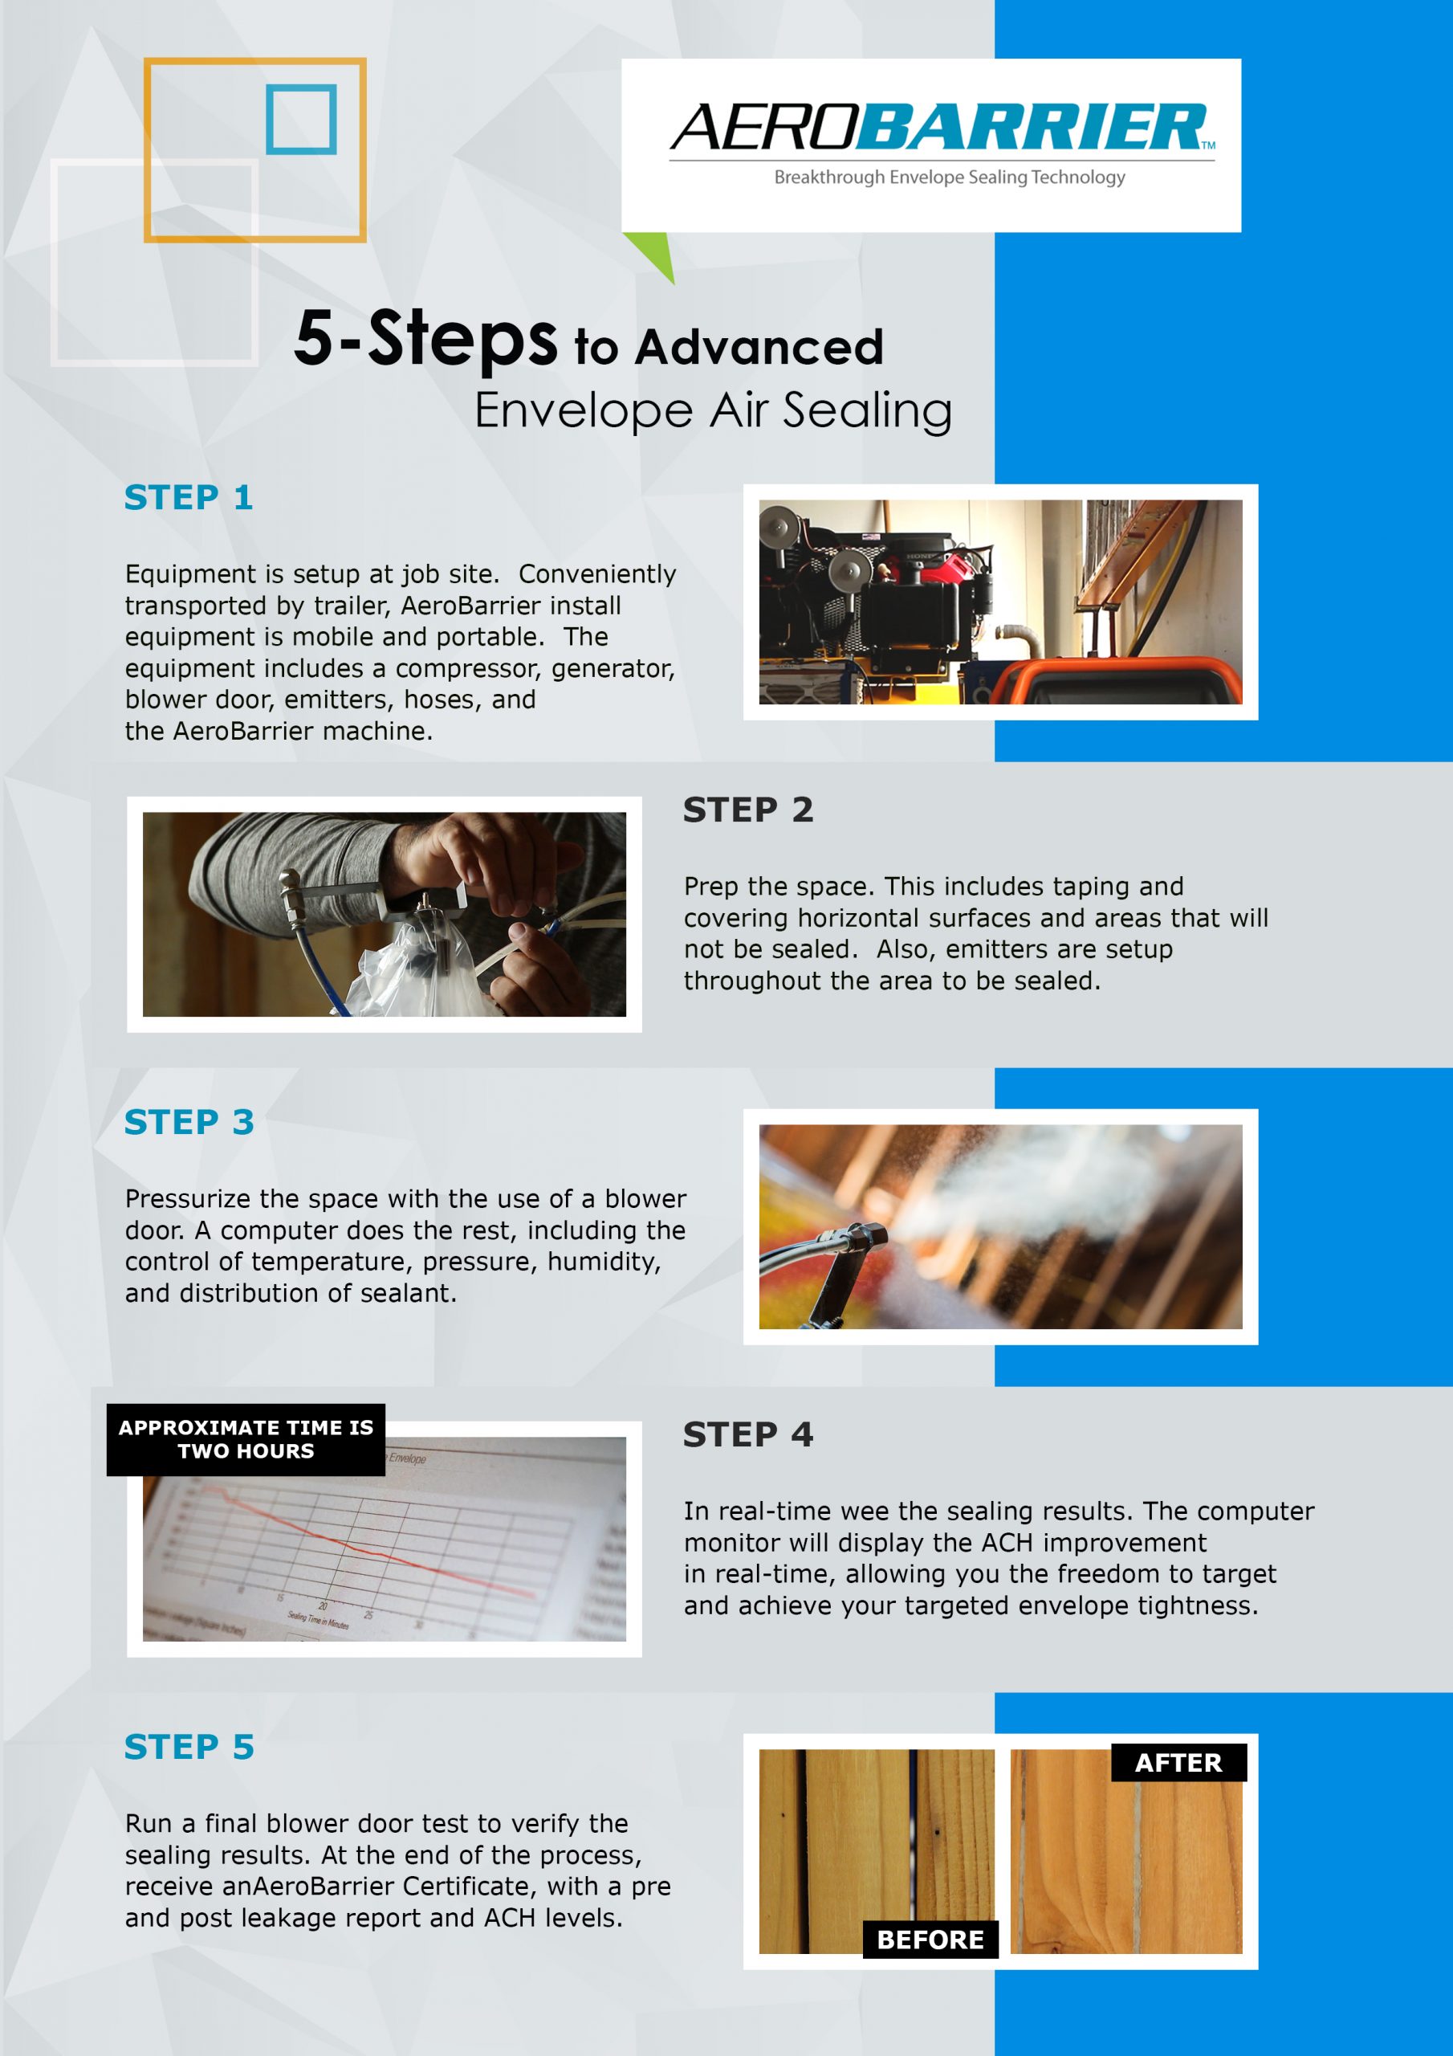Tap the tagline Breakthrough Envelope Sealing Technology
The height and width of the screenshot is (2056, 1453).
[949, 177]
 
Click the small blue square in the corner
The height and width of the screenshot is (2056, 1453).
[301, 119]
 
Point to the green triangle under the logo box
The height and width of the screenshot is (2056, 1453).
[651, 255]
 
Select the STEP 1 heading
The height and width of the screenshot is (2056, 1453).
[188, 497]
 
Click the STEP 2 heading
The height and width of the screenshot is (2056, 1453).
[747, 810]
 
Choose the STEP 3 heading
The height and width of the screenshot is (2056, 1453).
[189, 1121]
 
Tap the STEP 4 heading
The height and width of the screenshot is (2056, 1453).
[747, 1434]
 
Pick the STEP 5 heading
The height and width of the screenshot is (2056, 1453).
[189, 1746]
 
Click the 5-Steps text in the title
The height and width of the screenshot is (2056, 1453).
[426, 338]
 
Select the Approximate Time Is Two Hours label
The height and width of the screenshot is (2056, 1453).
[246, 1439]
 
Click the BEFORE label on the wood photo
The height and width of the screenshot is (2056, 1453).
[930, 1940]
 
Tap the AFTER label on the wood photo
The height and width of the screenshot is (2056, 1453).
[1178, 1762]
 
